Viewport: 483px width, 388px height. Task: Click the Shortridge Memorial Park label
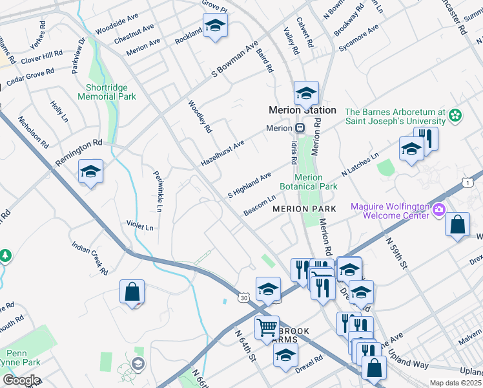107,92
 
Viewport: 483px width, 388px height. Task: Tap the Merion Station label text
303,110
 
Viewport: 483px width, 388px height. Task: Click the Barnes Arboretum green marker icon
456,116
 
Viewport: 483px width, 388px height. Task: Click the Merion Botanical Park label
316,182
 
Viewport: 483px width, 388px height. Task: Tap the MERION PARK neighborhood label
304,209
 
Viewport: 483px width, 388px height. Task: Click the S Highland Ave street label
249,186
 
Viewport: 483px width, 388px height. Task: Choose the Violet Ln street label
140,227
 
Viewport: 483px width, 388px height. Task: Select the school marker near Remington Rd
90,172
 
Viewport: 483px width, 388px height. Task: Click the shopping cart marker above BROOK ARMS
267,327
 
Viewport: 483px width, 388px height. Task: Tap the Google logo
21,380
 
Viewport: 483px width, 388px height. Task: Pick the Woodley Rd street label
200,116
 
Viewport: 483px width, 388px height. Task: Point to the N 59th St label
397,253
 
